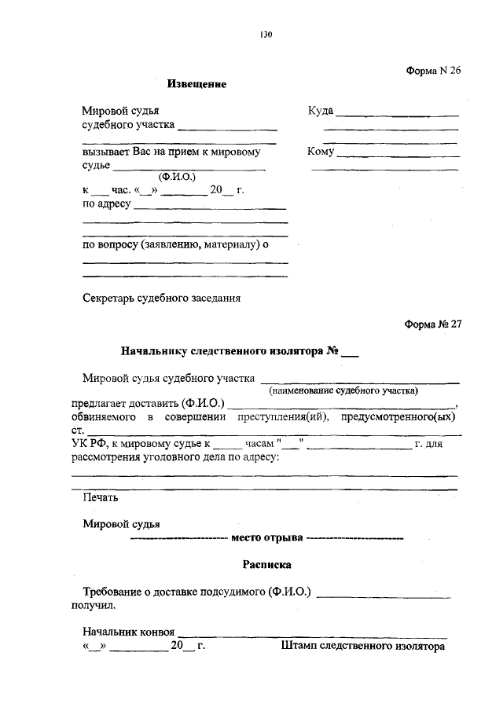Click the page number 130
point(266,34)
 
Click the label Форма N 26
point(433,70)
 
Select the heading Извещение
point(196,84)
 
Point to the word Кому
point(321,152)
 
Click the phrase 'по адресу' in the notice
point(108,205)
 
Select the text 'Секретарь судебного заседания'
point(161,298)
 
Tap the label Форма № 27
point(433,324)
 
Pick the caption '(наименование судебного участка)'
point(343,390)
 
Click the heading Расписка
point(266,564)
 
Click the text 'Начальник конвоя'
point(129,631)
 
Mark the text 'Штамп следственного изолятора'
point(362,647)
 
